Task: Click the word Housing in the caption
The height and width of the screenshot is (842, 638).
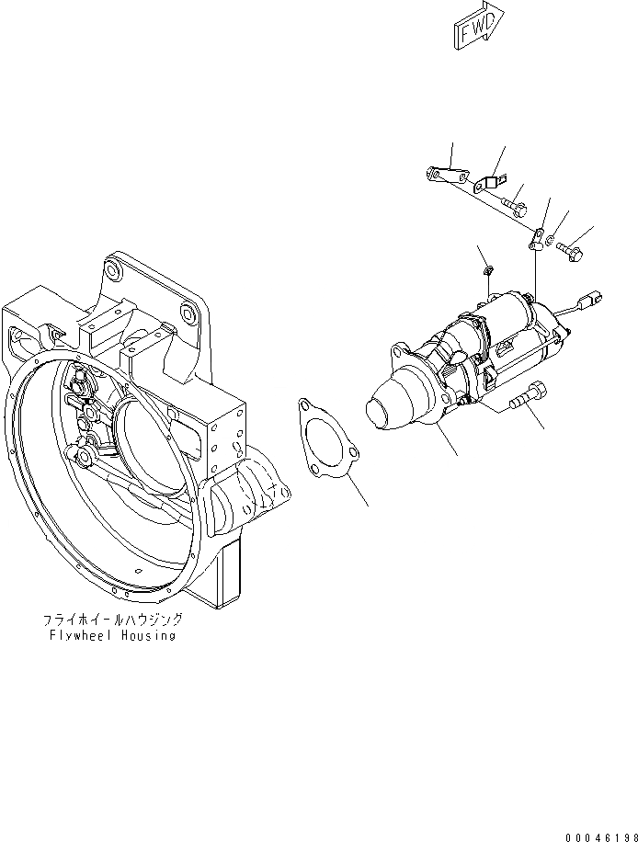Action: (x=149, y=635)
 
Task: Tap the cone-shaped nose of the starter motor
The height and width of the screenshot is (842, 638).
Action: (x=392, y=404)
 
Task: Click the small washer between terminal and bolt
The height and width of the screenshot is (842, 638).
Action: (x=549, y=242)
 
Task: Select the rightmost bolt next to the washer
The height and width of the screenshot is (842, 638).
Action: (x=568, y=248)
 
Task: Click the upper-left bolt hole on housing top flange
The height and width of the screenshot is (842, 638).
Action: (x=112, y=271)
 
